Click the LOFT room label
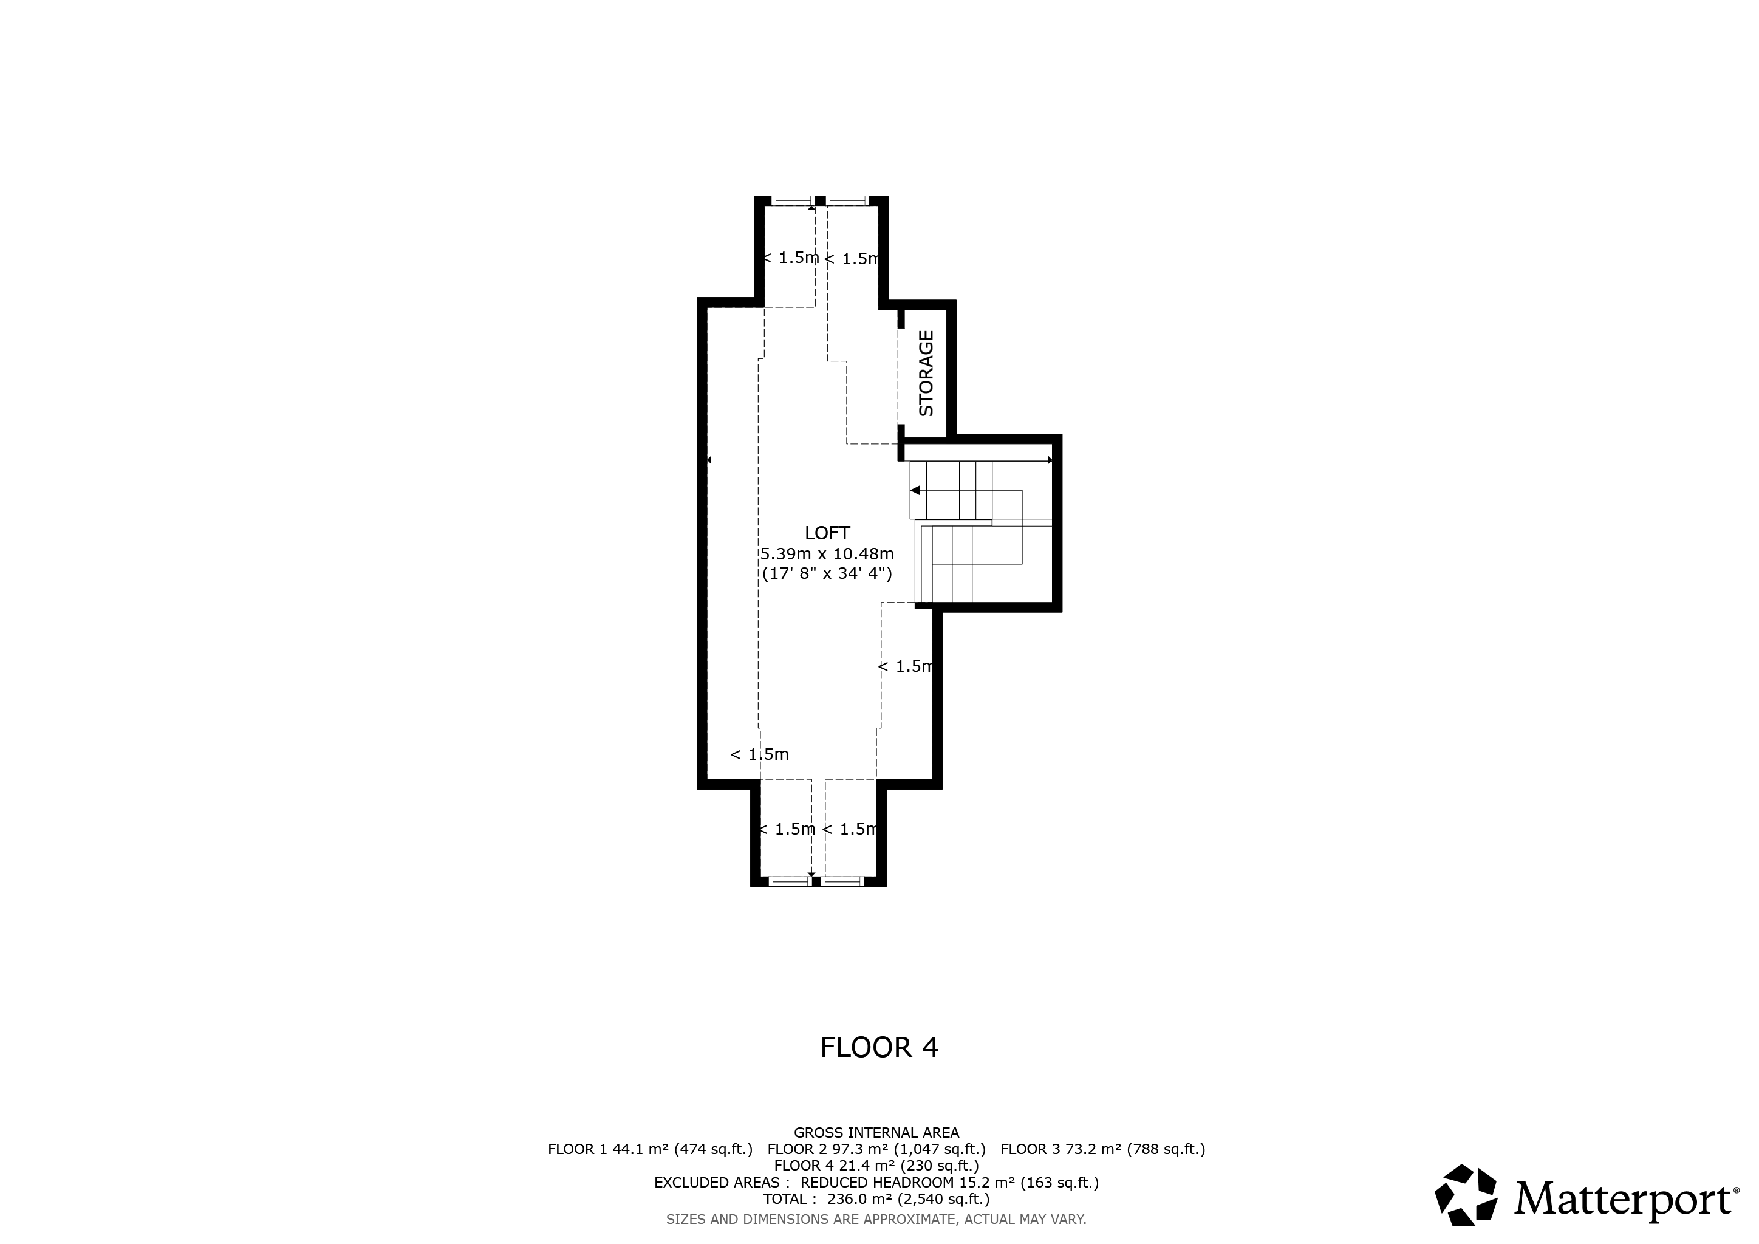[x=827, y=533]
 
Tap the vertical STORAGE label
[x=926, y=373]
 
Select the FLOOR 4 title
[x=879, y=1047]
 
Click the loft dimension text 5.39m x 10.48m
[x=827, y=553]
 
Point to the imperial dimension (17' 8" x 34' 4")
[x=827, y=573]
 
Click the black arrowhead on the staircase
[x=915, y=490]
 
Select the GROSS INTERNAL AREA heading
[x=876, y=1133]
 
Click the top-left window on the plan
[x=792, y=200]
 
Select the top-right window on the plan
[x=847, y=200]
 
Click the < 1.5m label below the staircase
[x=906, y=666]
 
